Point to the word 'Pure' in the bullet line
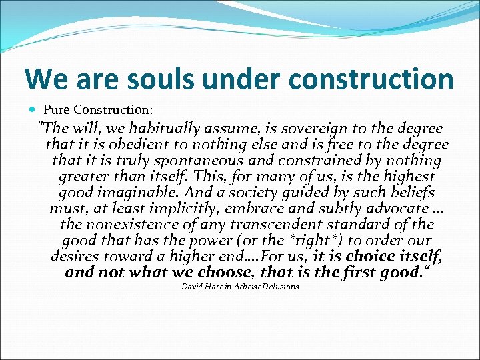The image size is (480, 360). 57,109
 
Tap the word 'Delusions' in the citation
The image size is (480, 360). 281,287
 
